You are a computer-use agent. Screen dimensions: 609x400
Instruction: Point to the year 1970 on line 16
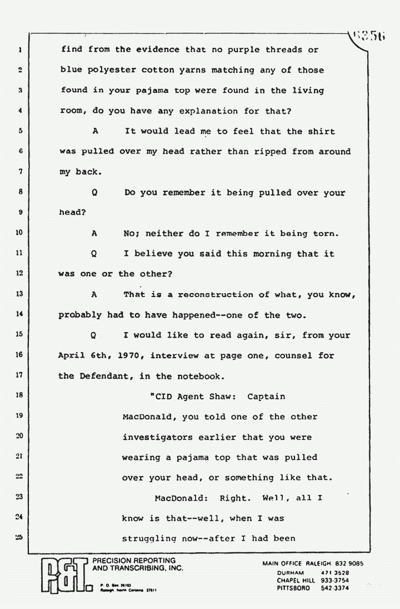click(133, 355)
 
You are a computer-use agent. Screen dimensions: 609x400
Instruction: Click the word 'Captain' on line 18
click(266, 397)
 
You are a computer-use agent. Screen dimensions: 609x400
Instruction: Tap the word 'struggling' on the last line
click(149, 538)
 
